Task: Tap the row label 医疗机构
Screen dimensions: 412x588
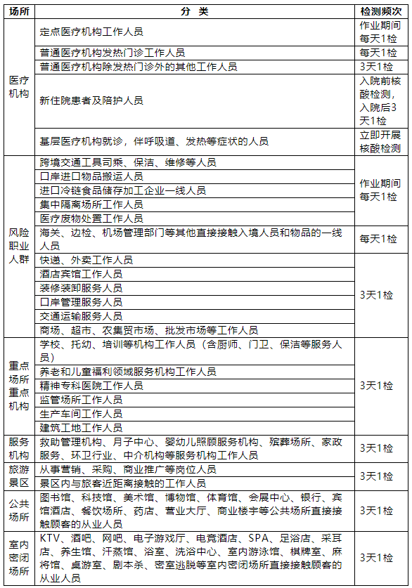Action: click(19, 88)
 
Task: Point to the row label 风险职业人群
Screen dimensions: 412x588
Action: click(19, 245)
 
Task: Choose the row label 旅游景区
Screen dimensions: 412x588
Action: click(19, 476)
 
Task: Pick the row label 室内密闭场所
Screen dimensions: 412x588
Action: click(19, 558)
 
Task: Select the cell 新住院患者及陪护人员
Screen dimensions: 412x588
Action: click(91, 100)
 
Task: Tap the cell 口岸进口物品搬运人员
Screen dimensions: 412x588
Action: click(91, 176)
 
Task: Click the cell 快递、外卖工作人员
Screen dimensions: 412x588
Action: click(86, 260)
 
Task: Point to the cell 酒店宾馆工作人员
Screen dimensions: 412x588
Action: click(81, 274)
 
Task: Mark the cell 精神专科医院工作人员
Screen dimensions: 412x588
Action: click(91, 386)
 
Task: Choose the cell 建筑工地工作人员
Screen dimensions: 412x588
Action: click(81, 427)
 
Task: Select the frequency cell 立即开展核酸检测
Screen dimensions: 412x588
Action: click(380, 141)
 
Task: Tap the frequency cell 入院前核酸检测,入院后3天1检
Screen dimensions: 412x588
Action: click(380, 100)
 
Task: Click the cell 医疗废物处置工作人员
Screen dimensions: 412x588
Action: click(91, 218)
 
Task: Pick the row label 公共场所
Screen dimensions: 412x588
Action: click(19, 510)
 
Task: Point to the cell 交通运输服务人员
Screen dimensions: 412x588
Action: click(81, 316)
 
